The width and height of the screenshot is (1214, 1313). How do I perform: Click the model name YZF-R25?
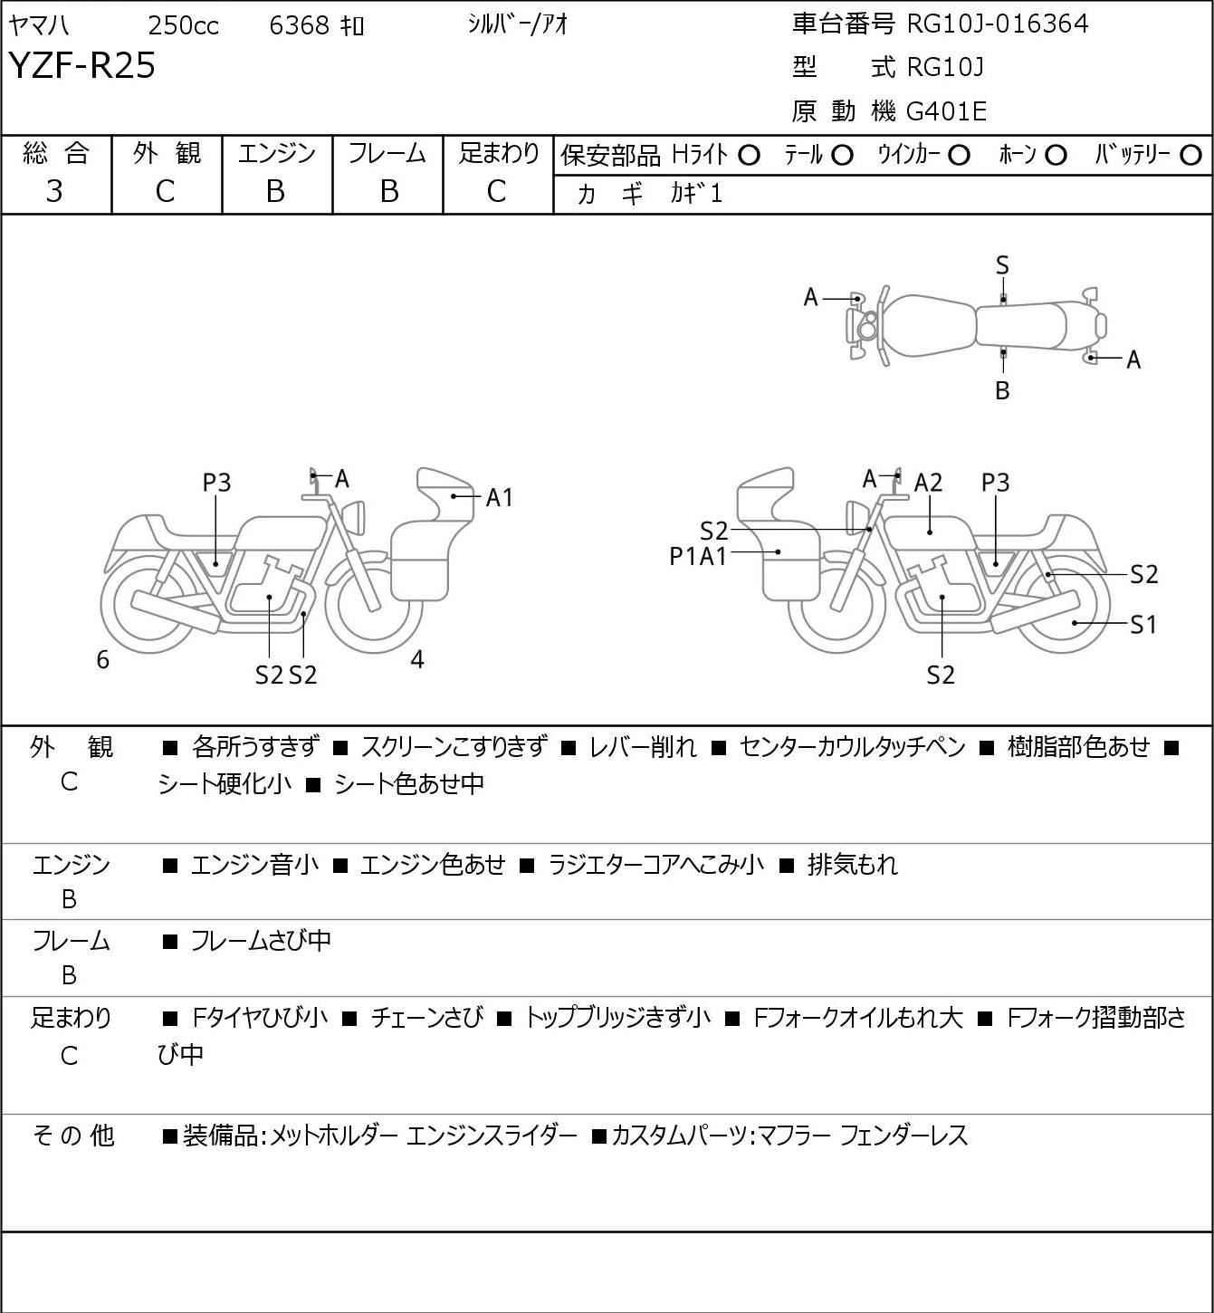[82, 65]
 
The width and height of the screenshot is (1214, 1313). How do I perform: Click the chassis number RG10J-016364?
[997, 24]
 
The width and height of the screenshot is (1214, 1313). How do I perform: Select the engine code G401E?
[946, 111]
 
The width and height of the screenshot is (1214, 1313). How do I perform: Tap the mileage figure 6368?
[299, 25]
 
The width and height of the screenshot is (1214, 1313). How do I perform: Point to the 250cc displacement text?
[183, 25]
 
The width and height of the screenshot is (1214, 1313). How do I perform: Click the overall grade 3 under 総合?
[54, 191]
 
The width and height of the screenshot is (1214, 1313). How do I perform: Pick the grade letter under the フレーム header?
[388, 191]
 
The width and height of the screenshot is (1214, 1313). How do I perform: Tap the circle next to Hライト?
[749, 156]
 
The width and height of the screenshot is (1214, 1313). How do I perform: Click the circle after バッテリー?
[1190, 156]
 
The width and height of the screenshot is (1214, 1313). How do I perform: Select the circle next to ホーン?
[1056, 156]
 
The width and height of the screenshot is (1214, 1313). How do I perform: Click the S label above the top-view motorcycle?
[1002, 265]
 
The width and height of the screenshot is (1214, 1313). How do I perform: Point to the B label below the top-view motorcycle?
[1002, 390]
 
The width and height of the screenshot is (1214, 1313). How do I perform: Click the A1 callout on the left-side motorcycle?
[499, 497]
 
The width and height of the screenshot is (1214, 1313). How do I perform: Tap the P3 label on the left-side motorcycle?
[216, 483]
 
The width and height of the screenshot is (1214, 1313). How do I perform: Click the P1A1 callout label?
[698, 557]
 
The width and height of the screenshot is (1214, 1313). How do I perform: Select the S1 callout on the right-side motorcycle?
[1143, 624]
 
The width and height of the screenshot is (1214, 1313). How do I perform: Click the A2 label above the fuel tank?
[928, 483]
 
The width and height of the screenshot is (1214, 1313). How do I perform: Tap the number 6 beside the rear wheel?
[102, 659]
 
